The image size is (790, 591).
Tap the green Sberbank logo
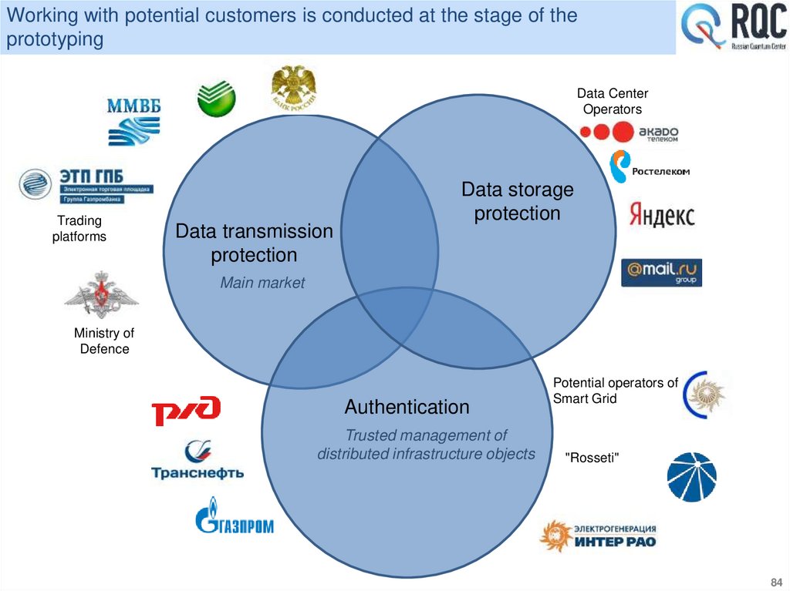216,99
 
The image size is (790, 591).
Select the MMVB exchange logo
133,120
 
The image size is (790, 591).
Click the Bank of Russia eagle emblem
293,88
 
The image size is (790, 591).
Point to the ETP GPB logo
86,185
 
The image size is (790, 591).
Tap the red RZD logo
186,410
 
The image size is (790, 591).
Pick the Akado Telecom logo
628,134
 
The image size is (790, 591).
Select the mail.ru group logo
661,272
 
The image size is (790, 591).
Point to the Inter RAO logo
599,535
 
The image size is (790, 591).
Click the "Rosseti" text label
592,458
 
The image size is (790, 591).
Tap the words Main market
262,283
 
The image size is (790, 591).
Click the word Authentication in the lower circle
407,406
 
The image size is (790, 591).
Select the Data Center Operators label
612,102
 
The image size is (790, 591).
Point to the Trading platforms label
79,229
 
